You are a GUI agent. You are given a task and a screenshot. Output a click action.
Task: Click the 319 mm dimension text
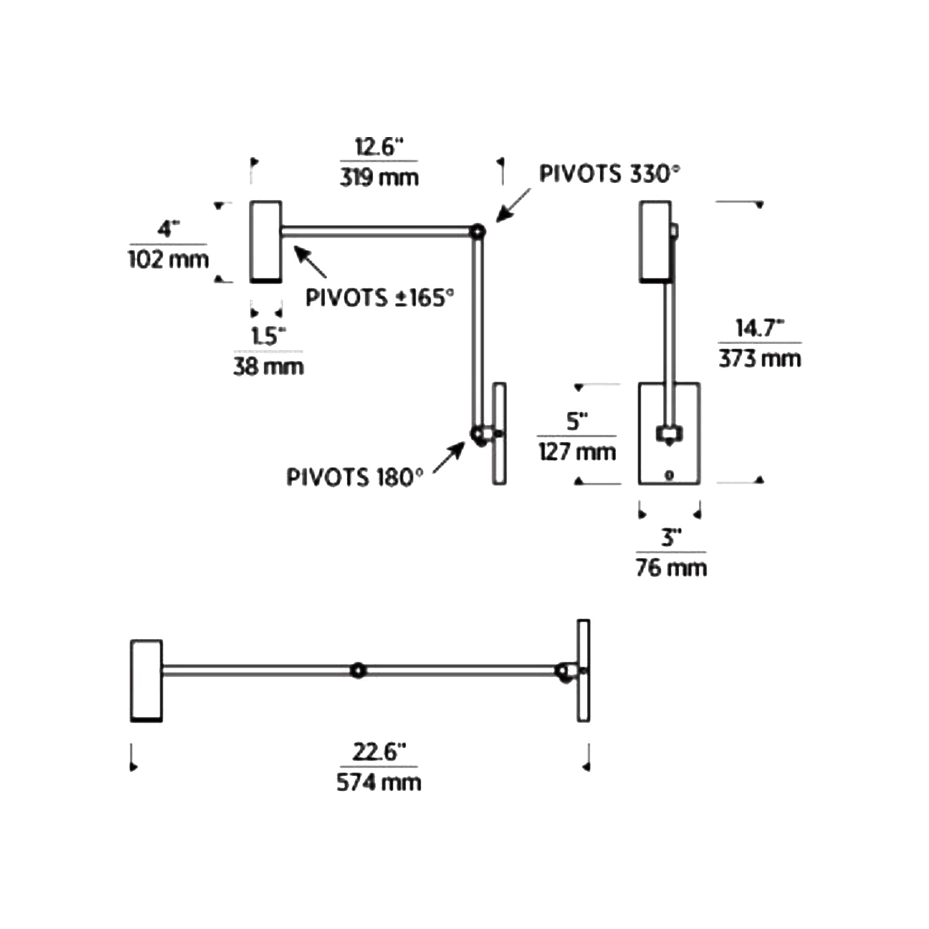point(379,178)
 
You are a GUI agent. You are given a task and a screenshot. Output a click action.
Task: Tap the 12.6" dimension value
point(379,147)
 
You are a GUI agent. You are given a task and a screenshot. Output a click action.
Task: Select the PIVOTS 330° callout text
point(609,174)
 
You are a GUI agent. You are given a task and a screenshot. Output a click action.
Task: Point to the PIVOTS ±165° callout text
point(380,298)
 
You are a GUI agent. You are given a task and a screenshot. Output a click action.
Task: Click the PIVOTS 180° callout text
point(355,477)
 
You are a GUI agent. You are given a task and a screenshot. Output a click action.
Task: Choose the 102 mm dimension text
point(168,259)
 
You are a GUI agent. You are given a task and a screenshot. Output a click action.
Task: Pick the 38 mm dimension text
point(268,367)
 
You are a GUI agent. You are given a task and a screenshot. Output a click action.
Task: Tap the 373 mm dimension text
point(760,359)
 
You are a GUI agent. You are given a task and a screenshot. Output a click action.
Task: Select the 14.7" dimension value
point(760,328)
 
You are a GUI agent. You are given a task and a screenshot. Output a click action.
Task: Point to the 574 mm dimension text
point(379,782)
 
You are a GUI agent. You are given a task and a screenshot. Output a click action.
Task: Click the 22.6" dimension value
point(379,752)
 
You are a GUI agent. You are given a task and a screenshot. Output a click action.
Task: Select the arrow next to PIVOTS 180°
point(449,457)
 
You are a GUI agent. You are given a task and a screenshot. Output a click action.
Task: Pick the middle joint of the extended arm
point(358,670)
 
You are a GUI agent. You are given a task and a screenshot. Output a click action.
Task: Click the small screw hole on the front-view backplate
point(669,475)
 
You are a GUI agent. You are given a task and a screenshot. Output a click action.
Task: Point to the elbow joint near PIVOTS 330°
point(477,231)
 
